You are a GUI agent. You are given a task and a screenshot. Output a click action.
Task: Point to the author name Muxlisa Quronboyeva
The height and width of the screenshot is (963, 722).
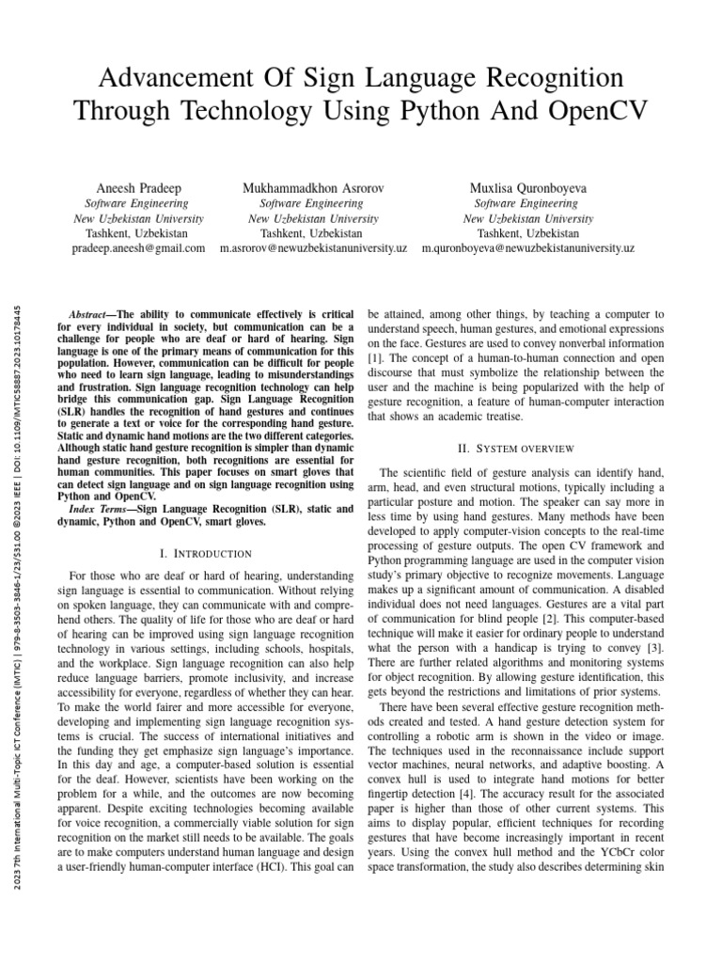tap(527, 188)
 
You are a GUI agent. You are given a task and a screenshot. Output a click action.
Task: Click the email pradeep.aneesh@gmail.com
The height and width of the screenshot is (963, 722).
tap(138, 248)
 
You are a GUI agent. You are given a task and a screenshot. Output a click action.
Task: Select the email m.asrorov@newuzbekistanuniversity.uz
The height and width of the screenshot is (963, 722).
tap(313, 248)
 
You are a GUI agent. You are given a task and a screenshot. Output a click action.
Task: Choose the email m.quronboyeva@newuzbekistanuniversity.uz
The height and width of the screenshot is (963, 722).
tap(527, 248)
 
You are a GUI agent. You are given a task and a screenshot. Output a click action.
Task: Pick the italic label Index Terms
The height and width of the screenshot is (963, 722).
tap(103, 509)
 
